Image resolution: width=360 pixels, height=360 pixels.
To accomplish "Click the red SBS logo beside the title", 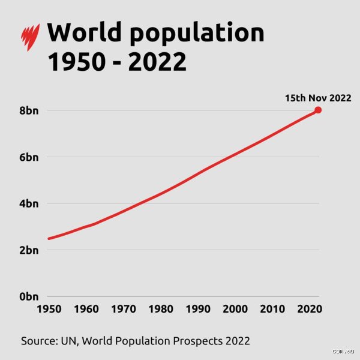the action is pos(31,37).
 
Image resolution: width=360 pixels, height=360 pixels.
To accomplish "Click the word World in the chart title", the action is pos(84,32).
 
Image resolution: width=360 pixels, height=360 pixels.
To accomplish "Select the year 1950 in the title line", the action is pos(76,62).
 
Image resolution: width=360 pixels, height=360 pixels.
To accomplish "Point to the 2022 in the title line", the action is pos(157,62).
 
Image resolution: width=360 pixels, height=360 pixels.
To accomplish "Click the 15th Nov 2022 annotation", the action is pos(318,98).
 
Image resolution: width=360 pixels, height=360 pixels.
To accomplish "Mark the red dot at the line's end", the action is pos(318,110).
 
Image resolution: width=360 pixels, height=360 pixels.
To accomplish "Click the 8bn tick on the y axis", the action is pos(29,110).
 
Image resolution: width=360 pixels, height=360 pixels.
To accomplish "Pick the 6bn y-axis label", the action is pos(29,157).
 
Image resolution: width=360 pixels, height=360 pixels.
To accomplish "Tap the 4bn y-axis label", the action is pos(29,203).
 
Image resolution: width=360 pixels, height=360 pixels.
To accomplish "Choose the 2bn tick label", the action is pos(29,250).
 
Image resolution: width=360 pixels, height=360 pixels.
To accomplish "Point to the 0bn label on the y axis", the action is pos(29,296).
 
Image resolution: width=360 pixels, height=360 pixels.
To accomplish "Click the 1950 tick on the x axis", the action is pos(49,309).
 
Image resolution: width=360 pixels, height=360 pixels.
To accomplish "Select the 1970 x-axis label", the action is pos(124,309).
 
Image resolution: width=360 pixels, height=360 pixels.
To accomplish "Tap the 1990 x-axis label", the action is pos(198,309).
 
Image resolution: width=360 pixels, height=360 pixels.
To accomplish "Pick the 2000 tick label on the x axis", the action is pos(235,309).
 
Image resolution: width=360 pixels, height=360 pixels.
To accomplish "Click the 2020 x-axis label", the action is pos(310,309).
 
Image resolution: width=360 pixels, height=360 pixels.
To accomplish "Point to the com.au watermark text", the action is pos(343,351).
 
